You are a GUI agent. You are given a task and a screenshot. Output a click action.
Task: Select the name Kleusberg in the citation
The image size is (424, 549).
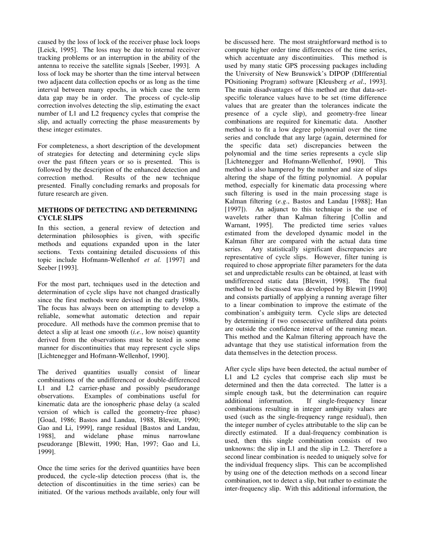[328, 82]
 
